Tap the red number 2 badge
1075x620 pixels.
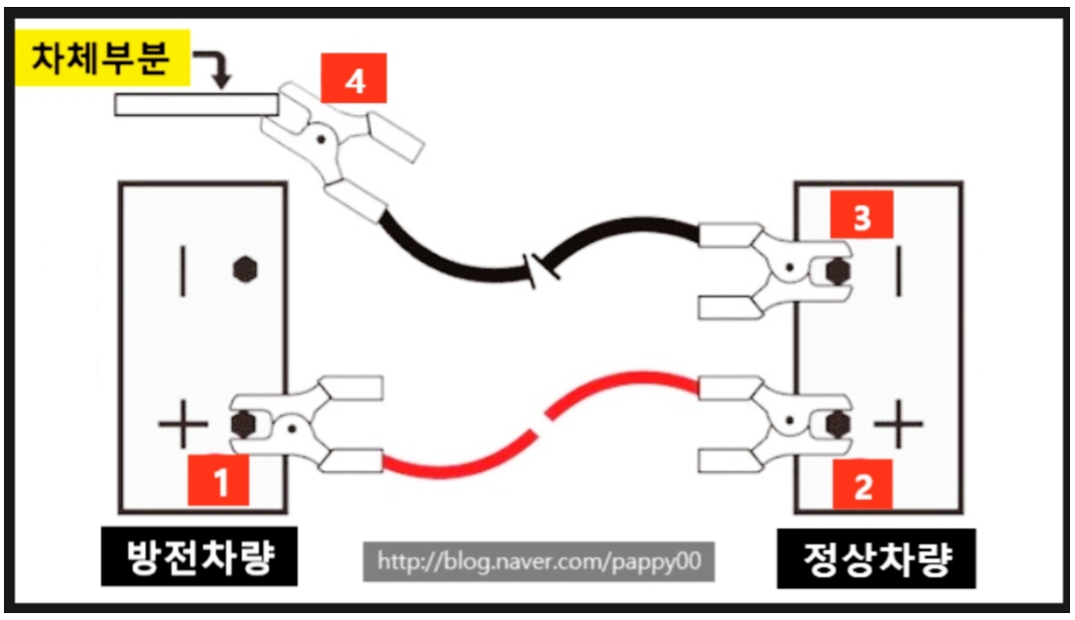click(862, 485)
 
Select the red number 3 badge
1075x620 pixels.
click(861, 219)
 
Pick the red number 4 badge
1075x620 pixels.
click(353, 81)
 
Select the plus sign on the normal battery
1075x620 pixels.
click(898, 425)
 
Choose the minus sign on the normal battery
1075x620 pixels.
click(898, 269)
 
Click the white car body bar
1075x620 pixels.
click(193, 104)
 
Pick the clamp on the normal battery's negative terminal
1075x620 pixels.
click(774, 269)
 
